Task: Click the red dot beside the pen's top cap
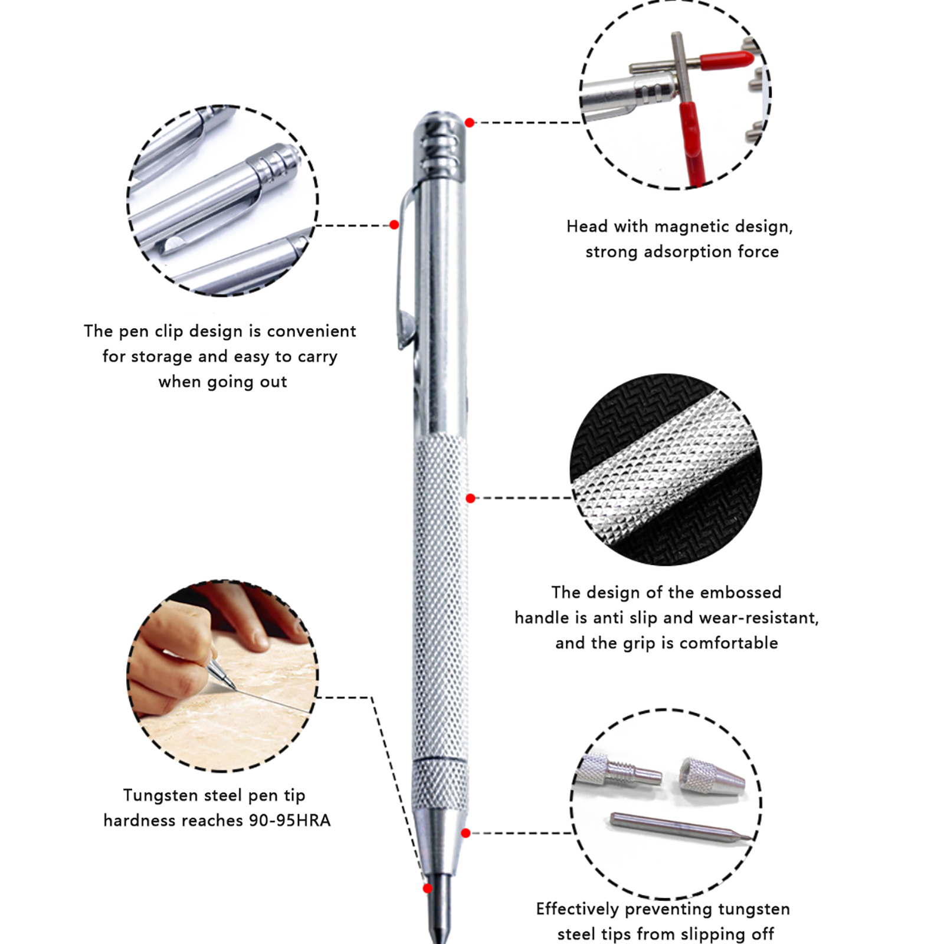click(470, 123)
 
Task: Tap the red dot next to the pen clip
click(394, 225)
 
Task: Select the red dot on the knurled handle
click(470, 499)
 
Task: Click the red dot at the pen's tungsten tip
click(428, 889)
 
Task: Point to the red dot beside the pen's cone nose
click(466, 833)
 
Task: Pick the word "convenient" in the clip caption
click(312, 331)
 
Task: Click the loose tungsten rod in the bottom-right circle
click(681, 826)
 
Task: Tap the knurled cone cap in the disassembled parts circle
click(712, 775)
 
